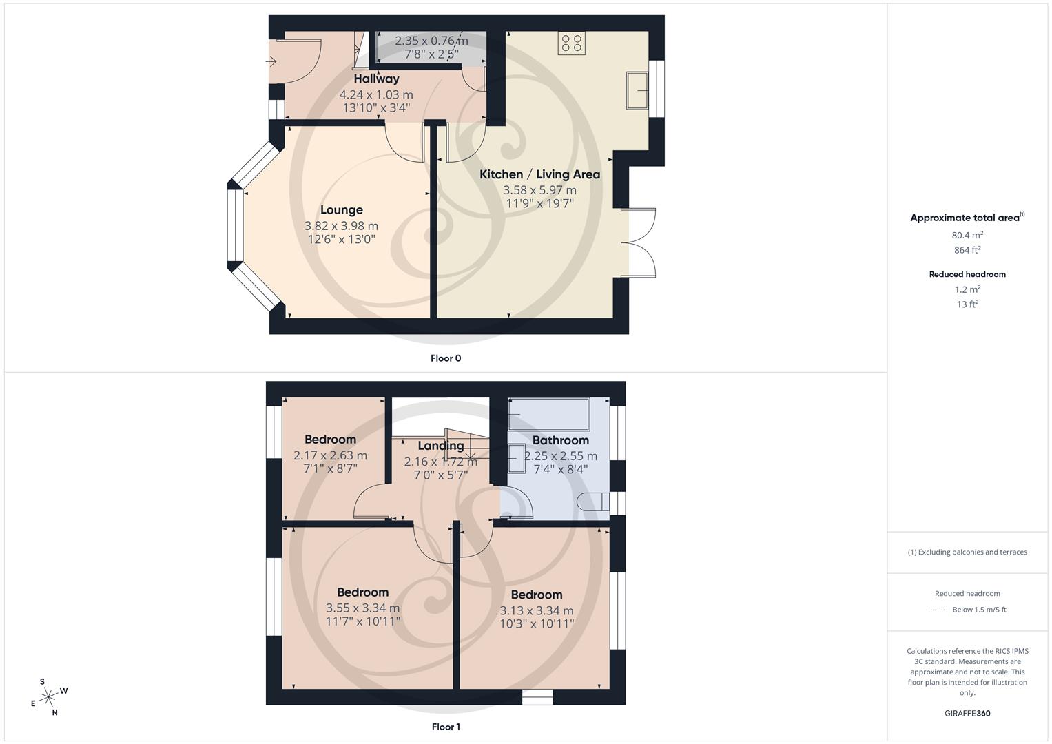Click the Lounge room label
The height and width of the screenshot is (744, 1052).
(341, 210)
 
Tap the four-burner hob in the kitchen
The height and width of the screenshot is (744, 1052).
(572, 43)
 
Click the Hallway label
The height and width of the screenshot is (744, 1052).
(376, 79)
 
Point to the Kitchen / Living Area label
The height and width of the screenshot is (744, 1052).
(539, 174)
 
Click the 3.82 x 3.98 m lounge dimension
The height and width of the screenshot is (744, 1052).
(341, 226)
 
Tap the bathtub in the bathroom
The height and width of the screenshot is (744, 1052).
(548, 413)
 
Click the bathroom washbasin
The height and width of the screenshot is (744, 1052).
(515, 455)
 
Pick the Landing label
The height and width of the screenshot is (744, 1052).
(440, 446)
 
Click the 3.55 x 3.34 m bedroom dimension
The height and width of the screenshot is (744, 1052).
(362, 608)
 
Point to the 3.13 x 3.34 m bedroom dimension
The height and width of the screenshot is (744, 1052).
(536, 610)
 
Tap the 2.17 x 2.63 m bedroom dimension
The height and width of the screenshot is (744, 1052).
(330, 455)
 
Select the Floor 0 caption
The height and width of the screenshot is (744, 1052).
(445, 358)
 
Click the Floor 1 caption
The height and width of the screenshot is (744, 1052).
(445, 727)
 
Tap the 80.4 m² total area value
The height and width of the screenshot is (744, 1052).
(967, 235)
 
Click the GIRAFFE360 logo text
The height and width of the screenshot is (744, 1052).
(967, 713)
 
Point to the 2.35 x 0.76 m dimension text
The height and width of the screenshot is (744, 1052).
(431, 41)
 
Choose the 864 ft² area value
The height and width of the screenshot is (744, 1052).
(967, 250)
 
